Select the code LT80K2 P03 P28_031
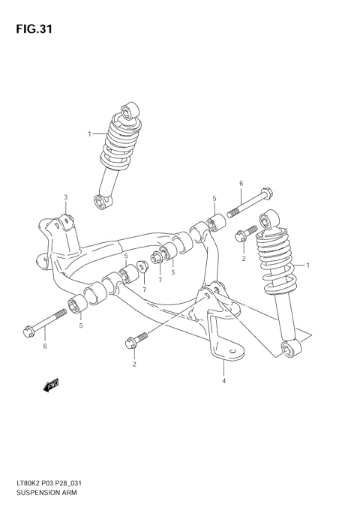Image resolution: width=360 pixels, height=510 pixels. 52,484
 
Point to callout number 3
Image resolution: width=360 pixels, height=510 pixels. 65,198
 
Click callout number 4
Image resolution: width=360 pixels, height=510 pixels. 223,381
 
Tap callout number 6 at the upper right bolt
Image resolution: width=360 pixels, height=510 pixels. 241,183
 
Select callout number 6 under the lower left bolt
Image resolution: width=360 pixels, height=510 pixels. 44,346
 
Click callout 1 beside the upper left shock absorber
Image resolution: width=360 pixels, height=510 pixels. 89,134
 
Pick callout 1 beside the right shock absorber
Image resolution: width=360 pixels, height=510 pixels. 308,265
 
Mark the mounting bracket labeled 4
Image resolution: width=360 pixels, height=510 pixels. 220,322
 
